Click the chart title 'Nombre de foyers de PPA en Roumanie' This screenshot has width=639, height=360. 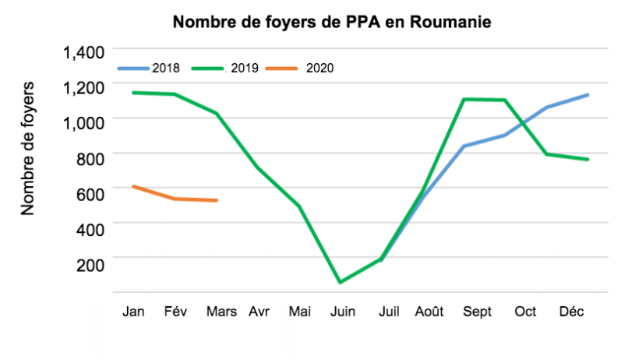pos(331,22)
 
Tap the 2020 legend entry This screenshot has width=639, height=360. pos(319,68)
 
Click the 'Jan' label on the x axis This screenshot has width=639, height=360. pos(133,312)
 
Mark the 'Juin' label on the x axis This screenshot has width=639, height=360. pos(343,312)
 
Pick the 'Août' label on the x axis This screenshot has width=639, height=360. pos(429,312)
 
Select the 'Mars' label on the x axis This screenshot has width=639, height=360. pos(222,312)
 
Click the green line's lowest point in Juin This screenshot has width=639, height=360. pos(340,282)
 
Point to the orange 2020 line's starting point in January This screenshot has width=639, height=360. pos(133,186)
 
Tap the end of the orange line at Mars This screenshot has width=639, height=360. pos(217,200)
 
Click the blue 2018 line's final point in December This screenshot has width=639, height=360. pos(588,95)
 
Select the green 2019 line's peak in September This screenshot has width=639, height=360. pos(464,99)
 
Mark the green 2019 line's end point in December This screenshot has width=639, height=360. pos(588,160)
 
